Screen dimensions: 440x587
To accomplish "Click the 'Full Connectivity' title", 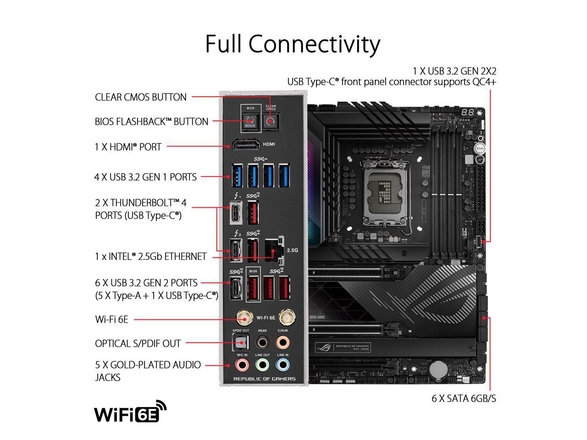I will (293, 44).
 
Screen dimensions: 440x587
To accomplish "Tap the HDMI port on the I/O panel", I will (245, 146).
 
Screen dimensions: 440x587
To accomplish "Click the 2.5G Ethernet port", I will (273, 252).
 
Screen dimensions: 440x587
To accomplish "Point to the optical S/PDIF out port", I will (241, 342).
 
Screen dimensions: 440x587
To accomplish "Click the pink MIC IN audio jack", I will (242, 365).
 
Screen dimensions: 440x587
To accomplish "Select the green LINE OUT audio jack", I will (262, 365).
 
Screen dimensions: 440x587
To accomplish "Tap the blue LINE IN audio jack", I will (283, 365).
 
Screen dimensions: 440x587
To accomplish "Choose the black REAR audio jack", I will (262, 342).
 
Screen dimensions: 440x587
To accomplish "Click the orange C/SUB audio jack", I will (283, 342).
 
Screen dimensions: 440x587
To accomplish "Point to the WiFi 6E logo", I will (130, 411).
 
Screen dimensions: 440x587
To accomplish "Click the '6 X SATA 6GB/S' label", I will (464, 398).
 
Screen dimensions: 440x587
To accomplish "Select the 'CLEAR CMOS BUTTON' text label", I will (141, 97).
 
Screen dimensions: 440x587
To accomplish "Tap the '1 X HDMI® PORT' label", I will (128, 147).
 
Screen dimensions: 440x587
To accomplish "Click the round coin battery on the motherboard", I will (441, 367).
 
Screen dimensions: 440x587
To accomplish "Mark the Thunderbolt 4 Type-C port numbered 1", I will (237, 214).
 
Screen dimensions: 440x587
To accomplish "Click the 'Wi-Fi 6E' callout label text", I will (111, 319).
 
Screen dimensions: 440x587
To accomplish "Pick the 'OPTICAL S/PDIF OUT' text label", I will (138, 343).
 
